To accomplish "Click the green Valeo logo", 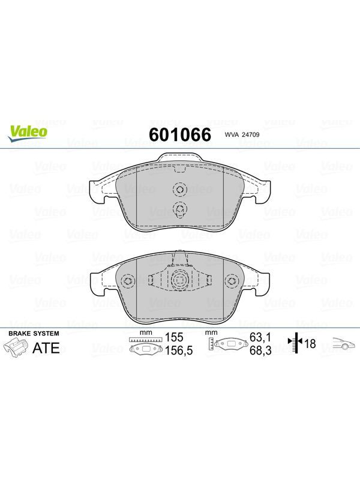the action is pos(28,134).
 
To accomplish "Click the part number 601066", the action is pos(180,134).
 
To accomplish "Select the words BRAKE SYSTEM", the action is pos(34,334).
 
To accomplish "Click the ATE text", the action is pos(46,348).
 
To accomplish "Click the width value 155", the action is pos(174,337).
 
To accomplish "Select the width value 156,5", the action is pos(179,350).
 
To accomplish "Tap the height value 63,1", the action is pos(260,337).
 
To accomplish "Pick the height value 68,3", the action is pos(260,350).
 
